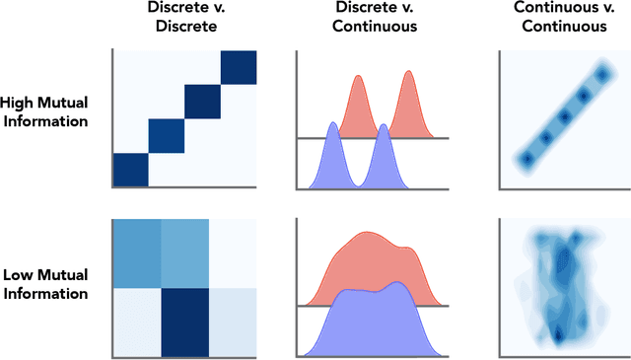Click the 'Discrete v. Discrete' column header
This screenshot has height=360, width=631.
(x=184, y=17)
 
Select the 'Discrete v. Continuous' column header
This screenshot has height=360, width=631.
(x=374, y=17)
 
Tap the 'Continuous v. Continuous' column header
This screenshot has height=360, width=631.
(x=560, y=17)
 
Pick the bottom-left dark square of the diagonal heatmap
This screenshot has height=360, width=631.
(x=130, y=170)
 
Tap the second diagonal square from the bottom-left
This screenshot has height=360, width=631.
(x=166, y=136)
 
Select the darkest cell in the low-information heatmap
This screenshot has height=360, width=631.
(x=184, y=321)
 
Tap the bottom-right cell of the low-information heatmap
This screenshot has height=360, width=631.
(x=233, y=321)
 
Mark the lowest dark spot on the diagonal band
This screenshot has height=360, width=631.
(x=526, y=159)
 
